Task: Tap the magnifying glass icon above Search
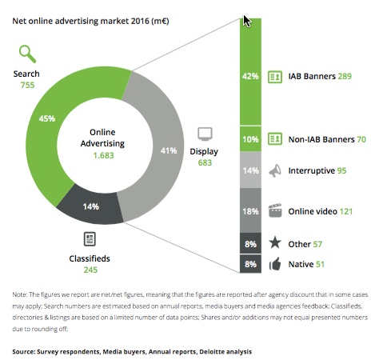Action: [28, 54]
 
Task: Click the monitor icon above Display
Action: [205, 134]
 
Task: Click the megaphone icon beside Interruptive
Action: [274, 170]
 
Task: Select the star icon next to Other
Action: [274, 242]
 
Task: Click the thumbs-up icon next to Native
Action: [274, 263]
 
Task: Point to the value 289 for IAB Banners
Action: [345, 76]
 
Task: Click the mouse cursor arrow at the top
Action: [248, 21]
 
